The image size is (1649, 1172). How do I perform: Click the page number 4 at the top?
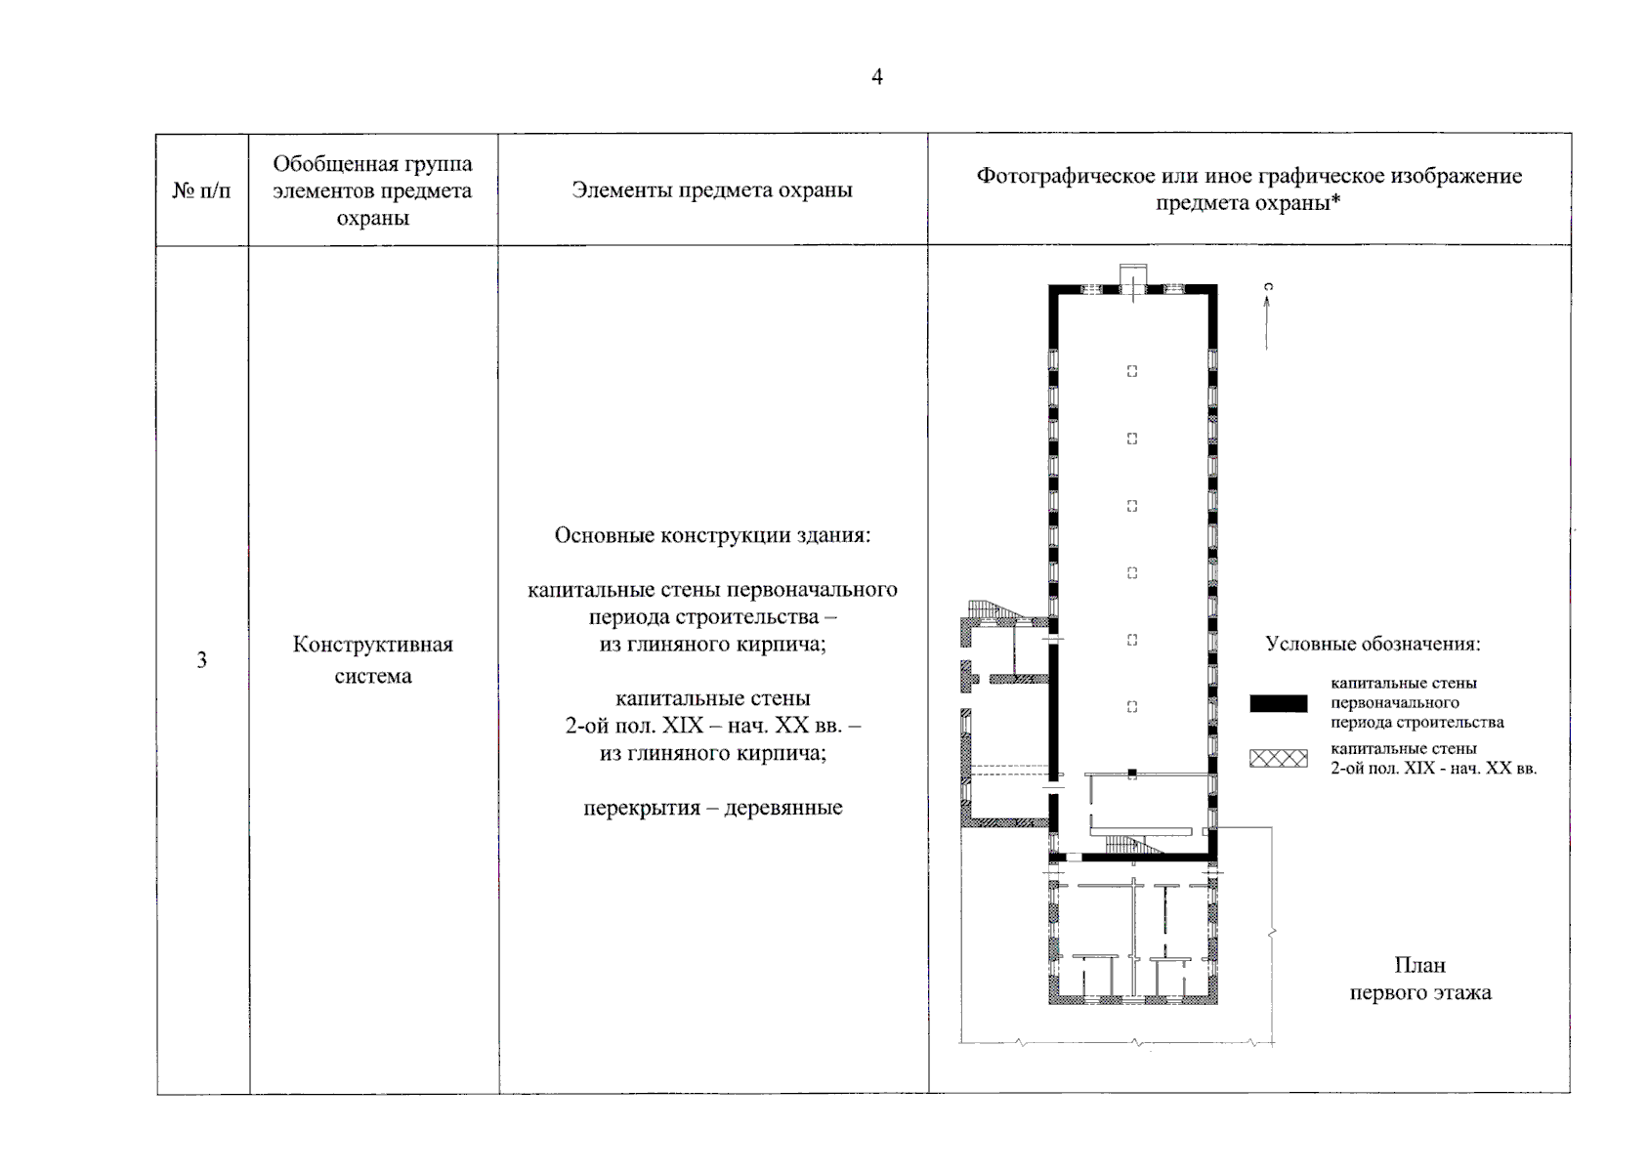point(876,77)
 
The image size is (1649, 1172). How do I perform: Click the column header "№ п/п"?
point(201,190)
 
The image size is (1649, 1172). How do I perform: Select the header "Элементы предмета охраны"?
point(711,190)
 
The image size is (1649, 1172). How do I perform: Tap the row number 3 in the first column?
point(201,660)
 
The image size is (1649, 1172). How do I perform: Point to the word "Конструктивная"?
point(372,645)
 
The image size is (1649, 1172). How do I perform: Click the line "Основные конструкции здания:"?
point(712,535)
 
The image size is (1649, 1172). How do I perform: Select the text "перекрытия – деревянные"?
point(712,809)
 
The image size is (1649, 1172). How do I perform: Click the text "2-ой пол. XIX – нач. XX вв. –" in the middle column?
point(712,727)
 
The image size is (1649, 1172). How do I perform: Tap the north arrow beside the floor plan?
point(1267,317)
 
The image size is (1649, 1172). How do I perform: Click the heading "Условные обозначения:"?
point(1373,645)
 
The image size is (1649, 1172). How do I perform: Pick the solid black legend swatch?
point(1278,703)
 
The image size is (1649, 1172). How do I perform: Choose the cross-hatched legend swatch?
point(1278,759)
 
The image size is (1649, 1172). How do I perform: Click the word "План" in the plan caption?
point(1419,966)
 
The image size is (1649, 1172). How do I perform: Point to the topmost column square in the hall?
point(1132,371)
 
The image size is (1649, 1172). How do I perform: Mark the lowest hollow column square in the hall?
point(1132,707)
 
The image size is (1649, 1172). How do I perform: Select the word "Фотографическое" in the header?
point(1066,177)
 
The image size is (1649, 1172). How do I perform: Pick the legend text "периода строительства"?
point(1416,723)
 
